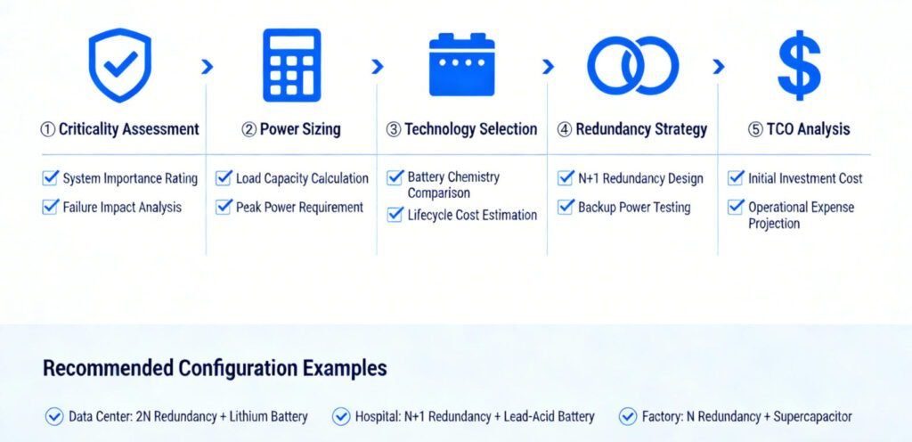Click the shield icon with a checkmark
point(120,65)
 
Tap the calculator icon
point(291,65)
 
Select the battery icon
point(462,64)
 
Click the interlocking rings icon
point(633,65)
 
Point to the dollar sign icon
point(799,65)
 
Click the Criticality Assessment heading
point(120,129)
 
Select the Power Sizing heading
point(291,129)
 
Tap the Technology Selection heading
point(462,129)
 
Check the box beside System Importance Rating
point(51,178)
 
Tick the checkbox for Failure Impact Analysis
point(51,207)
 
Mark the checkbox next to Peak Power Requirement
point(224,207)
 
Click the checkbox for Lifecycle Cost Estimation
point(395,215)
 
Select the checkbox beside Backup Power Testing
point(566,207)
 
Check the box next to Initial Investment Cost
point(737,178)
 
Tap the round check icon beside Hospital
point(341,416)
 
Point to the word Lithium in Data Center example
point(248,416)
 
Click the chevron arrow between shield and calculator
point(207,67)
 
